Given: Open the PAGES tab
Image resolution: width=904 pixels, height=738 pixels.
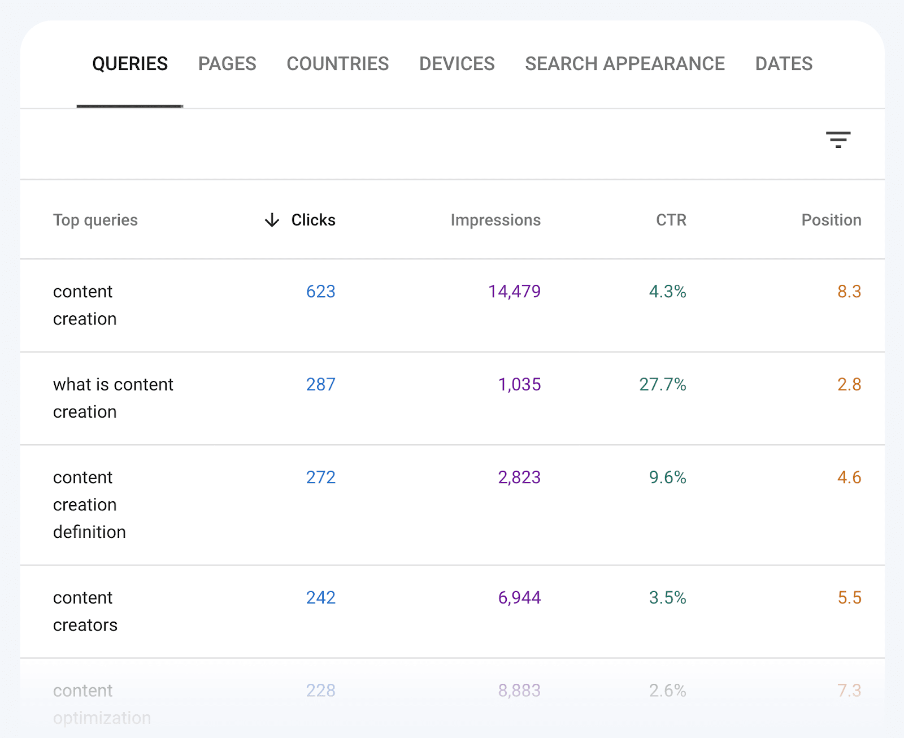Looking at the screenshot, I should pos(227,64).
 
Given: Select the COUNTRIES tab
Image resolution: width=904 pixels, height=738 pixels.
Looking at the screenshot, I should pos(337,64).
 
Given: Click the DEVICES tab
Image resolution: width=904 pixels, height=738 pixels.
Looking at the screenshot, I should pos(457,64).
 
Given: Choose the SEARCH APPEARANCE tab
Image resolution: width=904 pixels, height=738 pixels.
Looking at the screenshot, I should pos(624,64).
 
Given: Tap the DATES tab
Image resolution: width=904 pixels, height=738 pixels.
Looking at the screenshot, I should pos(784,64).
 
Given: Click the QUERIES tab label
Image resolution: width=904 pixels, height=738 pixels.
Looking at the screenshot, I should pos(130,64).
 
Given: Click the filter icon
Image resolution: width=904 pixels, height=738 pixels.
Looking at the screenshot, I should pos(838,140).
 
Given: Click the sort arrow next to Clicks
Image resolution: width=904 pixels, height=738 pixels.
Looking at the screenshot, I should pos(272,220).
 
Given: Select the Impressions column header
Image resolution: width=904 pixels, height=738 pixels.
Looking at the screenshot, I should pos(495,220).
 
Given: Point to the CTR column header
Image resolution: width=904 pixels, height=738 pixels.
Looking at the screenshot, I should pos(671,220).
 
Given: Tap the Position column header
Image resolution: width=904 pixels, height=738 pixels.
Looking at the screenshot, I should pos(831,220).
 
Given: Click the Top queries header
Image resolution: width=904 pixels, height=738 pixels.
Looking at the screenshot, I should pos(95,220).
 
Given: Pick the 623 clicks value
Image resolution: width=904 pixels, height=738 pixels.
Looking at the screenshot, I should pos(320,292).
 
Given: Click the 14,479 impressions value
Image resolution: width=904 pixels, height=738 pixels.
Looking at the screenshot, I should pos(514,292).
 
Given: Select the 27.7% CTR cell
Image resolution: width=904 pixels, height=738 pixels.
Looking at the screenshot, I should pos(662,385).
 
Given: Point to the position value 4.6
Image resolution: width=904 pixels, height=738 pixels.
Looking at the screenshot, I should pos(849,477).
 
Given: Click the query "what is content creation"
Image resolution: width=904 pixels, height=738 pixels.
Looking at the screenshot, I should pos(113,398).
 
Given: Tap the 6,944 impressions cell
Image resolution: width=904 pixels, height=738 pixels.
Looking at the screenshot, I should pos(519,598).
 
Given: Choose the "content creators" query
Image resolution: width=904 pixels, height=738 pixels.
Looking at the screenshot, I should pos(85,611).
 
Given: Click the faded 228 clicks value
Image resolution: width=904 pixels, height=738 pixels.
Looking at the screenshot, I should pos(320,691).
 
